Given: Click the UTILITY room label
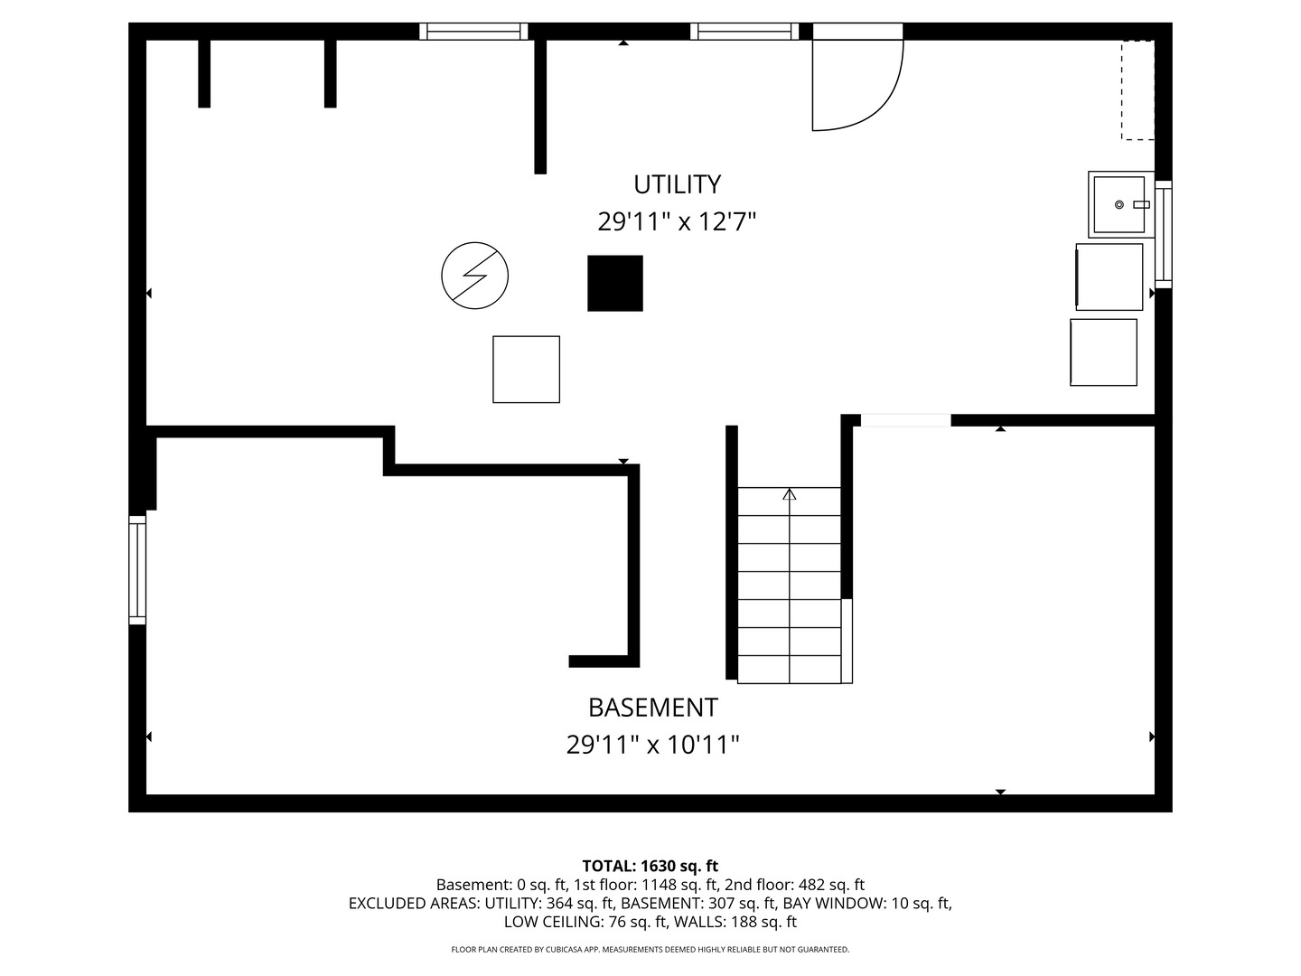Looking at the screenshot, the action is click(677, 184).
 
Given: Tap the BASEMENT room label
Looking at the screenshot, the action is click(652, 708).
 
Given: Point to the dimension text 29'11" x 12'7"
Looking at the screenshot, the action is click(677, 222).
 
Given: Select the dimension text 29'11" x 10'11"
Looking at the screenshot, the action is click(652, 745).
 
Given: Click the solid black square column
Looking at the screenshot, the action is click(614, 283).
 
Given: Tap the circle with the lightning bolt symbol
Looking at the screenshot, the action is click(474, 276).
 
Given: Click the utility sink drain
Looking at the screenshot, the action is click(1118, 204).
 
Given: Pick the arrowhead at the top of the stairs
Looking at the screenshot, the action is click(789, 494).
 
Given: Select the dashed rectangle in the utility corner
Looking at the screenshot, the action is click(1137, 90).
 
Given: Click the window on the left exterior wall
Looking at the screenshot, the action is click(137, 569).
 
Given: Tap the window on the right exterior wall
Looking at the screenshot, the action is click(1163, 234).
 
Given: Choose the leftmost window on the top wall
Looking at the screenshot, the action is click(473, 32).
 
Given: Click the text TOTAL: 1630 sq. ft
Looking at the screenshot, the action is click(650, 866).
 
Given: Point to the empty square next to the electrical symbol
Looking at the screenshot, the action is click(526, 370).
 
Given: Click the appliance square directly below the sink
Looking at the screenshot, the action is click(1109, 277).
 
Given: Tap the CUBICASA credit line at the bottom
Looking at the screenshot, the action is click(650, 949).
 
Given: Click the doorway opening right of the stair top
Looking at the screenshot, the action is click(905, 420).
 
